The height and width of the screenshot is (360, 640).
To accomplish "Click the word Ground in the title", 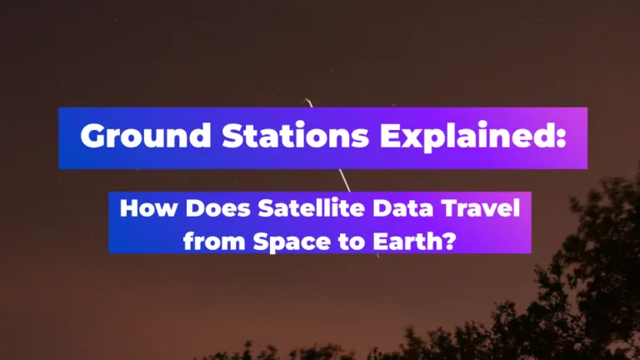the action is (x=146, y=135).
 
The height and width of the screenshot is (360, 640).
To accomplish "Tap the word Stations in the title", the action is (x=296, y=135).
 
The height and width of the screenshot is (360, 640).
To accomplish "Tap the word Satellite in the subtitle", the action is (x=311, y=207).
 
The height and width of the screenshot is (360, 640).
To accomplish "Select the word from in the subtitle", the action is (x=215, y=241).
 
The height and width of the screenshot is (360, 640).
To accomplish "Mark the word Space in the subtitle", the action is (x=292, y=242).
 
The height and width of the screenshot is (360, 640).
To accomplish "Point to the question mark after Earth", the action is (x=448, y=241).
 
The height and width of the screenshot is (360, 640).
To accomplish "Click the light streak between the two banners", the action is (x=345, y=180).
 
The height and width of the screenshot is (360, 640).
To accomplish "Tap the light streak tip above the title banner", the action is (x=306, y=99).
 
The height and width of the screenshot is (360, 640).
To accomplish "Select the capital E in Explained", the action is (x=391, y=135).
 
